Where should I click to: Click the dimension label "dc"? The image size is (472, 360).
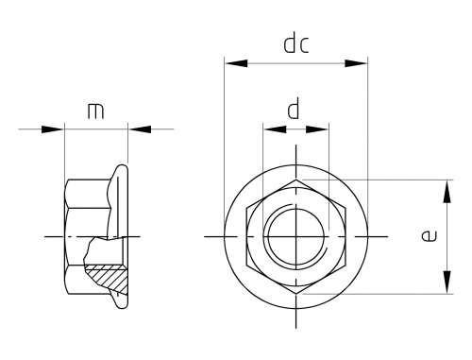(x=296, y=44)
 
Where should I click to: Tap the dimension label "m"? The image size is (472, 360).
(x=95, y=111)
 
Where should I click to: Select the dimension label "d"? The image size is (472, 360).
(x=294, y=109)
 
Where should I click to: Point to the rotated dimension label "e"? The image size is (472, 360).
(x=429, y=236)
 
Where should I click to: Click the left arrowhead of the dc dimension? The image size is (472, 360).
(x=236, y=63)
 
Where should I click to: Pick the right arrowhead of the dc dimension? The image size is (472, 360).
(x=356, y=63)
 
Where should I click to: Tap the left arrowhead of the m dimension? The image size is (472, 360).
(x=53, y=129)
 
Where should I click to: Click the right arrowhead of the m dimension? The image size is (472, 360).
(x=140, y=129)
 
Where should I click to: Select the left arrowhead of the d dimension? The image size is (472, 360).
(x=275, y=129)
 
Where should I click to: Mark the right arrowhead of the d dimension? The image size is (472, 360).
(x=317, y=129)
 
